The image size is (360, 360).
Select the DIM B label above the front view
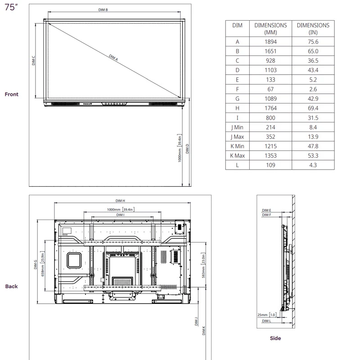[x=103, y=10]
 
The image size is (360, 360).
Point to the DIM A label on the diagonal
[x=113, y=58]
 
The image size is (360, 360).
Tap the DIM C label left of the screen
[x=34, y=61]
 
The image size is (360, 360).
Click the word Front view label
[x=12, y=94]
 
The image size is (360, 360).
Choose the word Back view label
[x=12, y=286]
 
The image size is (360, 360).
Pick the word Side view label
[x=275, y=338]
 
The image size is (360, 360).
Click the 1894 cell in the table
[x=270, y=42]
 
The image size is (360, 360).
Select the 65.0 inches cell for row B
[x=313, y=51]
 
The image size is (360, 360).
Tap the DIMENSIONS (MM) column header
[x=270, y=29]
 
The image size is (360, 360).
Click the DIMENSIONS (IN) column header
[x=313, y=29]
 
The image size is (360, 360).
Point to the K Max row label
[x=237, y=156]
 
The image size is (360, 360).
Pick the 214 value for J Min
[x=270, y=127]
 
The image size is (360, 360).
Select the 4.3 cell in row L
[x=313, y=165]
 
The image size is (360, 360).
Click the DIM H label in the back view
[x=120, y=201]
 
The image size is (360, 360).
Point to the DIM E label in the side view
[x=266, y=210]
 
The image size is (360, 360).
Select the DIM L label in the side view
[x=266, y=321]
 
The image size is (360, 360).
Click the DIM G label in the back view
[x=36, y=264]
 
